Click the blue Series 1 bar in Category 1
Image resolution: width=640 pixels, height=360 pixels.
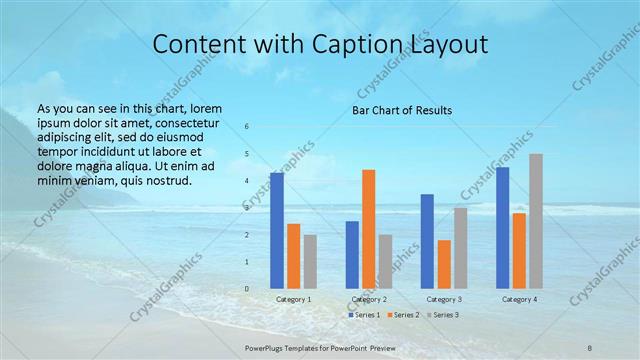pyautogui.click(x=277, y=230)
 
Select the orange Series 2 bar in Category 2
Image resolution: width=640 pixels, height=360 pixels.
pyautogui.click(x=369, y=229)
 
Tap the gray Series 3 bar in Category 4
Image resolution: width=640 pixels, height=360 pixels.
pyautogui.click(x=536, y=221)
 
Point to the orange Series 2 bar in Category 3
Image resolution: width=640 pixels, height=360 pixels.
pyautogui.click(x=444, y=264)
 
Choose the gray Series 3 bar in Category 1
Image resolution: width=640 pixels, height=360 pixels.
pyautogui.click(x=310, y=261)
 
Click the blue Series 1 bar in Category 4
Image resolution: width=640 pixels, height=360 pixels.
pyautogui.click(x=503, y=227)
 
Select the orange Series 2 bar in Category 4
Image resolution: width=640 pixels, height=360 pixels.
pyautogui.click(x=519, y=250)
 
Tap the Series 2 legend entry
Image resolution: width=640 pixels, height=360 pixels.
pyautogui.click(x=403, y=315)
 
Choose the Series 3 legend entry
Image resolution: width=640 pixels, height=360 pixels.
pyautogui.click(x=443, y=315)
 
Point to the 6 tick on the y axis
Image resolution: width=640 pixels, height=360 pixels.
pyautogui.click(x=247, y=127)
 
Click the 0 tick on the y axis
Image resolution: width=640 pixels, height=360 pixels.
pyautogui.click(x=247, y=288)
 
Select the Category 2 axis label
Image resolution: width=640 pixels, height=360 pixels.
pyautogui.click(x=369, y=299)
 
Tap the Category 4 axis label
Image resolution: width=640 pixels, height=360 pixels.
pyautogui.click(x=520, y=299)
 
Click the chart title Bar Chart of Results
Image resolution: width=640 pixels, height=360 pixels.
pyautogui.click(x=402, y=110)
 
